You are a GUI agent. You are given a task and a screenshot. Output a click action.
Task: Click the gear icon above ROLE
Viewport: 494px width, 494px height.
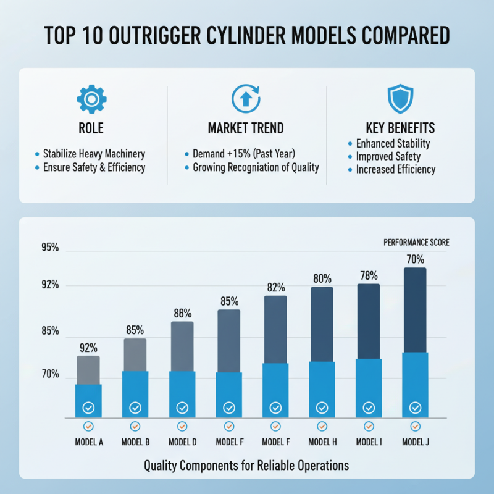pyautogui.click(x=91, y=99)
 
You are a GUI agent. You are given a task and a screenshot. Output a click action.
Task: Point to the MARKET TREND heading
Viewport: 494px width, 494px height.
pyautogui.click(x=246, y=128)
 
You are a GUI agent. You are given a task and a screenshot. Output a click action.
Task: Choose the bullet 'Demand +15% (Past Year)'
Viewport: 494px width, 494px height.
pyautogui.click(x=243, y=154)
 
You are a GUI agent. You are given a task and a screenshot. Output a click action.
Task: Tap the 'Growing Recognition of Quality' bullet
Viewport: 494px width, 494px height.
pyautogui.click(x=256, y=167)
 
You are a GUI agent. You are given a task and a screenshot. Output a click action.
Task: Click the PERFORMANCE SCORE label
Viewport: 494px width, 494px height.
pyautogui.click(x=416, y=243)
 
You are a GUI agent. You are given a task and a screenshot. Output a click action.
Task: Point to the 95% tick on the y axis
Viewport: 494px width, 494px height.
pyautogui.click(x=50, y=248)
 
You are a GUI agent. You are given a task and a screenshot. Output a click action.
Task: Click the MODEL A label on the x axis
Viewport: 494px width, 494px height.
pyautogui.click(x=89, y=442)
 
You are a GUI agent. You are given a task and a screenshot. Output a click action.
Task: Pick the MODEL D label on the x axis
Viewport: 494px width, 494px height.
pyautogui.click(x=182, y=442)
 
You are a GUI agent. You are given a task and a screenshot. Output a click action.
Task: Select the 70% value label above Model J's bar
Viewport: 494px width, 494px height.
pyautogui.click(x=415, y=259)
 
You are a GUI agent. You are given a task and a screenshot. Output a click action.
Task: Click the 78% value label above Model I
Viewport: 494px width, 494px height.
pyautogui.click(x=369, y=275)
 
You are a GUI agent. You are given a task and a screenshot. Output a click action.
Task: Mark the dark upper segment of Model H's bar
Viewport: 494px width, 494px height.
pyautogui.click(x=322, y=324)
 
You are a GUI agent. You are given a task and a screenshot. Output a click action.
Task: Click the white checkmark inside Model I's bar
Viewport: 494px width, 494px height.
pyautogui.click(x=369, y=408)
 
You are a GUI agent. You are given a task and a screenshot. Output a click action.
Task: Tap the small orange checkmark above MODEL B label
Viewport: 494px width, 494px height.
pyautogui.click(x=135, y=426)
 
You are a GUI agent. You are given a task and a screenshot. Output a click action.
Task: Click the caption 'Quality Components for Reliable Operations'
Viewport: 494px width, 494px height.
pyautogui.click(x=246, y=465)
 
